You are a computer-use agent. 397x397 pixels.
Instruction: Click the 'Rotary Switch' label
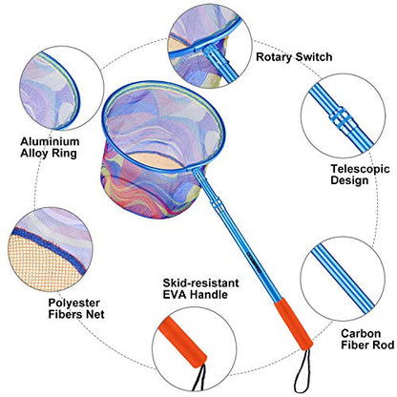[x=294, y=57]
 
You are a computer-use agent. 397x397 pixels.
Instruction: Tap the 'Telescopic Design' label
[x=360, y=175]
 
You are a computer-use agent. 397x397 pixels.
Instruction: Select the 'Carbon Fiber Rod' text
[x=367, y=339]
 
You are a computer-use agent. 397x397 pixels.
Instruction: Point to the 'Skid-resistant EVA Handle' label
[x=200, y=288]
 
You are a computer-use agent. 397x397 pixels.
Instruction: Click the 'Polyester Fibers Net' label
[x=76, y=308]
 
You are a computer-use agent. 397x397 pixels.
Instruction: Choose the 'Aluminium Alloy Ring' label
[x=50, y=147]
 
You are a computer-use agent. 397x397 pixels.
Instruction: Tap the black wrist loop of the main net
[x=303, y=371]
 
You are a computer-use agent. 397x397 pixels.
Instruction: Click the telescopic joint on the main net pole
[x=217, y=202]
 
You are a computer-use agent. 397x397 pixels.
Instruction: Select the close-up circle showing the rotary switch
[x=210, y=46]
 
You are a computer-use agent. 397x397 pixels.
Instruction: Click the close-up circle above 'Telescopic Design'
[x=344, y=116]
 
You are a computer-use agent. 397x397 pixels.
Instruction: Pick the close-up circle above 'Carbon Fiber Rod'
[x=344, y=279]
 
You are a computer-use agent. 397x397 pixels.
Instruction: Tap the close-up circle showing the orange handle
[x=195, y=349]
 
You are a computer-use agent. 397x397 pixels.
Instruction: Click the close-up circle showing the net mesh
[x=50, y=249]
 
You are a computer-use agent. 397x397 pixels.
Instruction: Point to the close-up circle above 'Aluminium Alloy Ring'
[x=62, y=88]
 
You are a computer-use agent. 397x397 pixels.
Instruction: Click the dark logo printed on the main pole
[x=254, y=261]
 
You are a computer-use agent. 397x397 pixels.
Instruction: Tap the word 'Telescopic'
[x=360, y=169]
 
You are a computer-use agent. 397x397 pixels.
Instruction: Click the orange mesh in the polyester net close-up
[x=41, y=264]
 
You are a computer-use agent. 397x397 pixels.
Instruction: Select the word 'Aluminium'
[x=50, y=141]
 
